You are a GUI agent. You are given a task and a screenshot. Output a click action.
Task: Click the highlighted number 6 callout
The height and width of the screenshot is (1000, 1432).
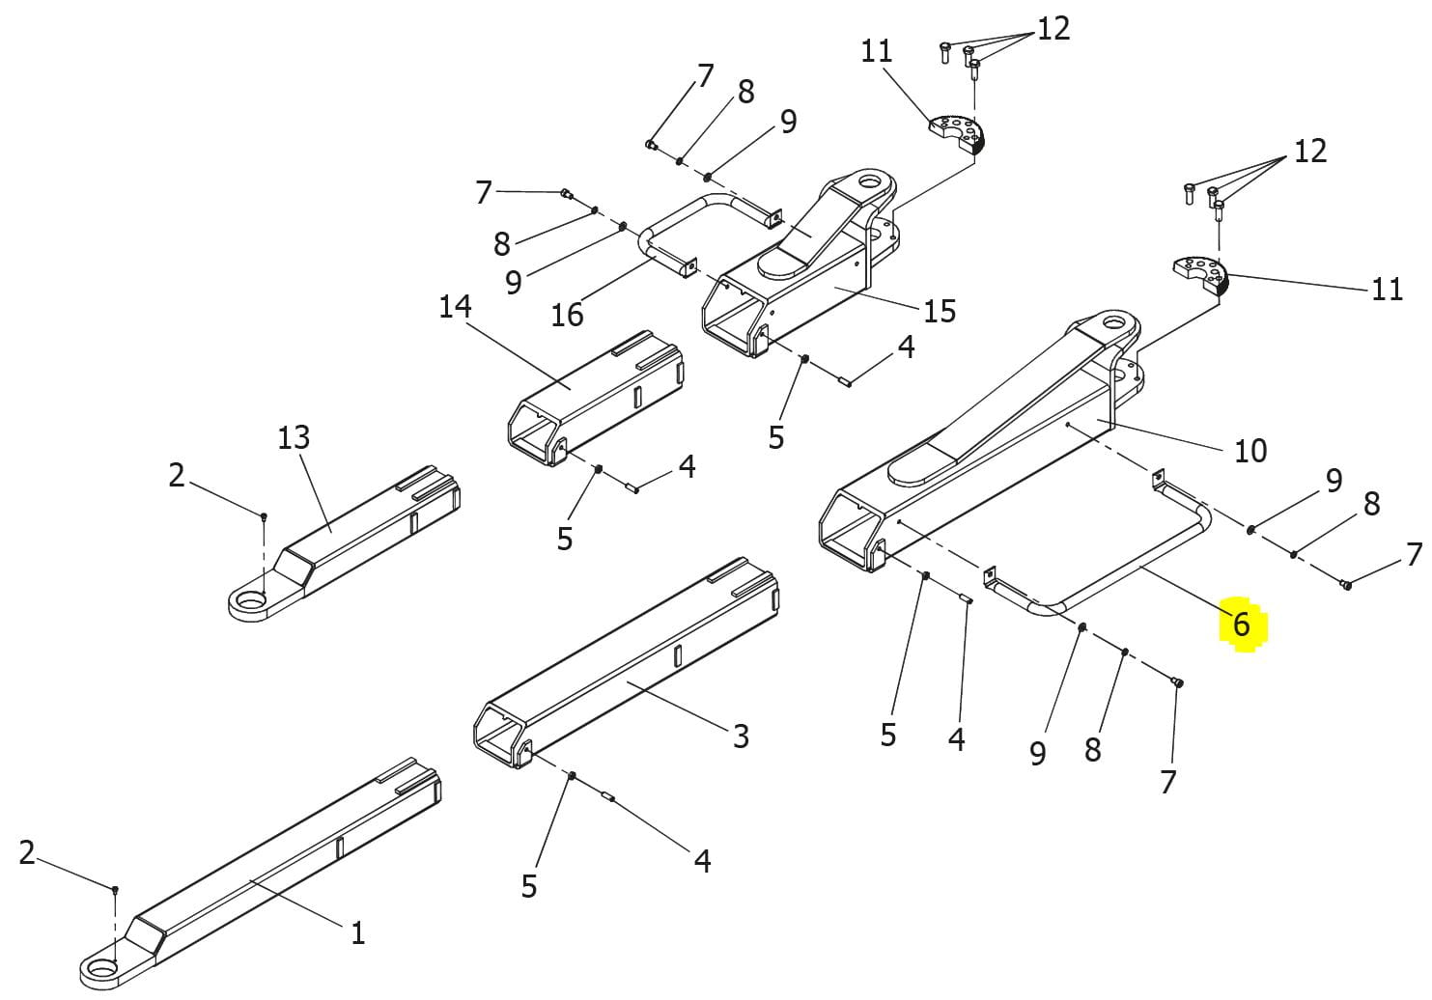(x=1241, y=625)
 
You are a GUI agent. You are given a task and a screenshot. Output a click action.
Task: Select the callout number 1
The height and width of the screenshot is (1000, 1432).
(x=357, y=933)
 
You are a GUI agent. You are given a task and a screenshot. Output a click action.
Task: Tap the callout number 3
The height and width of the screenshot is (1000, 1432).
(x=741, y=736)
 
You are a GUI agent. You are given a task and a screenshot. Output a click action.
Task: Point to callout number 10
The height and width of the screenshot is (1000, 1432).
(x=1250, y=451)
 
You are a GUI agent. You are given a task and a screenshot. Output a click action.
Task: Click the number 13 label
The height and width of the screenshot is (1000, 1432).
(x=294, y=437)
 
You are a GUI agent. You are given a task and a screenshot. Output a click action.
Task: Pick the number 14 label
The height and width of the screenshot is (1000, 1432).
(x=455, y=307)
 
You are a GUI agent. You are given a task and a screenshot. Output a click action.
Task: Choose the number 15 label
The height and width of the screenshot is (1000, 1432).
(x=939, y=311)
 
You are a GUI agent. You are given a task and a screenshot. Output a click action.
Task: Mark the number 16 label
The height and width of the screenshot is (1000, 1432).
(x=567, y=315)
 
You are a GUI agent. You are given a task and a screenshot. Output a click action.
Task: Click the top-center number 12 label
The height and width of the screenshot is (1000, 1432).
(x=1053, y=29)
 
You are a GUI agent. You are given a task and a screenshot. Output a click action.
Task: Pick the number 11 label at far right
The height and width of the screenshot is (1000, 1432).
(x=1387, y=290)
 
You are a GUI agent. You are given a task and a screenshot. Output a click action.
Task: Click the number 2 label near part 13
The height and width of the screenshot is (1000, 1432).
(x=176, y=475)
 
